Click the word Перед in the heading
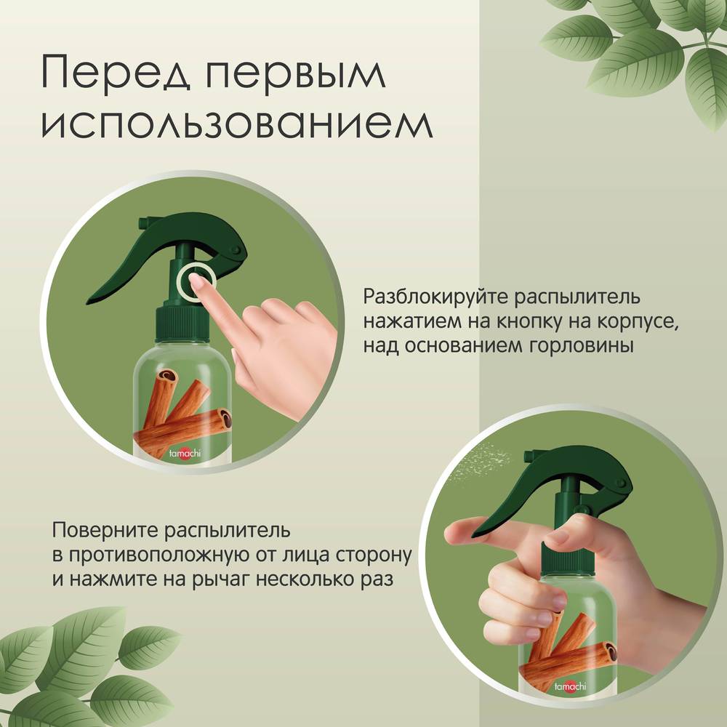[116, 74]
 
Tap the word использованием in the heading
[237, 124]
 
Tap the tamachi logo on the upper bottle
[185, 452]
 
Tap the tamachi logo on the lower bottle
[570, 686]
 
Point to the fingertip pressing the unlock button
[195, 280]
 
